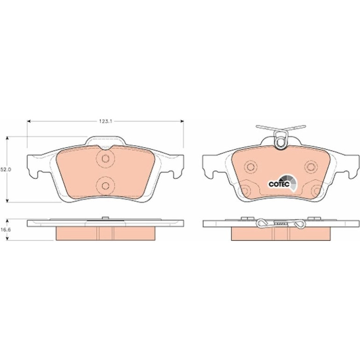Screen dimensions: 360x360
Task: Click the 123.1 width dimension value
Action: [105, 122]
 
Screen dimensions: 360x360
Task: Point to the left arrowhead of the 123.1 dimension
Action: [29, 121]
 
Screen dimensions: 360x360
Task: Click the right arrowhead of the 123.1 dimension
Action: [182, 121]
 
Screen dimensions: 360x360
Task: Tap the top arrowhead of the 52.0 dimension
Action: [7, 138]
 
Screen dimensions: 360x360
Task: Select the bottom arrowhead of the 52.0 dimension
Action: [7, 201]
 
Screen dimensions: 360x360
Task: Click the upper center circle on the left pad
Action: [105, 158]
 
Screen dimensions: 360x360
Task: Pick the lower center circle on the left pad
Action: [105, 186]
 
